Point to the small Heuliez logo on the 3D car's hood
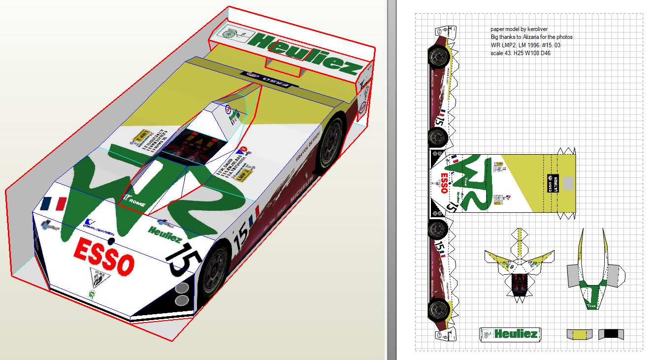pyautogui.click(x=164, y=234)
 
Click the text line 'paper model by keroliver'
pyautogui.click(x=519, y=29)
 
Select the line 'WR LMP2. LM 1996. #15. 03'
pyautogui.click(x=525, y=45)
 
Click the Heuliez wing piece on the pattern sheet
pyautogui.click(x=510, y=333)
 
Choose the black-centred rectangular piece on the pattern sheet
pyautogui.click(x=611, y=334)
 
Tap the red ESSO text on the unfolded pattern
pyautogui.click(x=444, y=183)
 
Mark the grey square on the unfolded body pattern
pyautogui.click(x=568, y=183)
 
